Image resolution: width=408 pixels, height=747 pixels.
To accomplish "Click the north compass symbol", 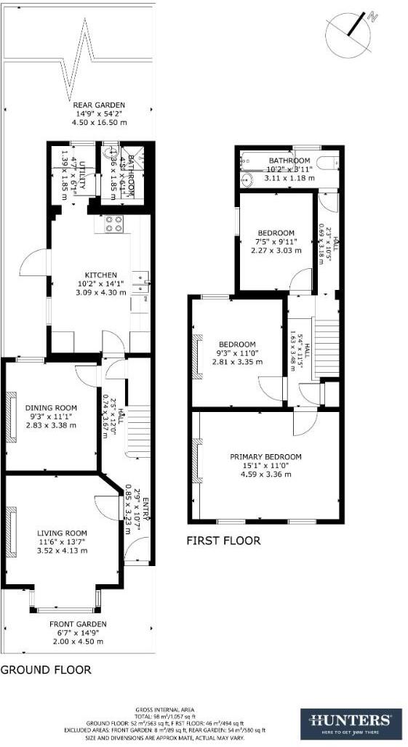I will (353, 32).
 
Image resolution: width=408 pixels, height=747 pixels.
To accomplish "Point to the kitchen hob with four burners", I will (113, 224).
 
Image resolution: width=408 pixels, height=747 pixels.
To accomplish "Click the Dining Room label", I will (51, 407).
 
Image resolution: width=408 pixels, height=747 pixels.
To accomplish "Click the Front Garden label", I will (78, 623).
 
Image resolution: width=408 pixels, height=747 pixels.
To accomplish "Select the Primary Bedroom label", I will (265, 456).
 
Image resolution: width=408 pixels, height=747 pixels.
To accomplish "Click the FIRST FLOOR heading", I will (223, 541).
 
